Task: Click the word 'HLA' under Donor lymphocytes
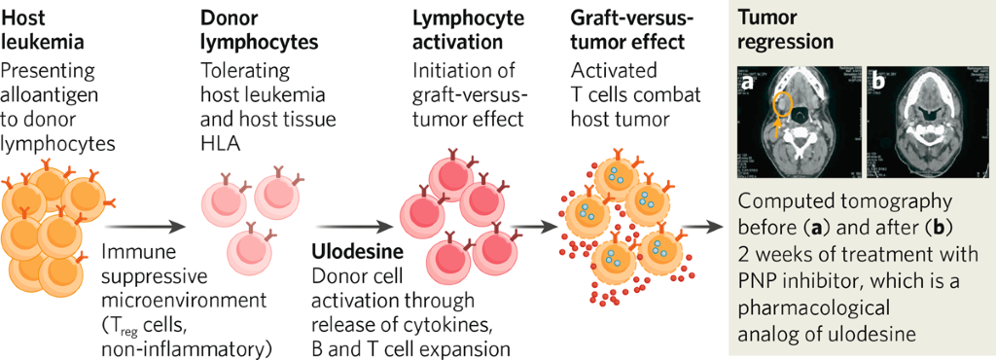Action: [219, 142]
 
